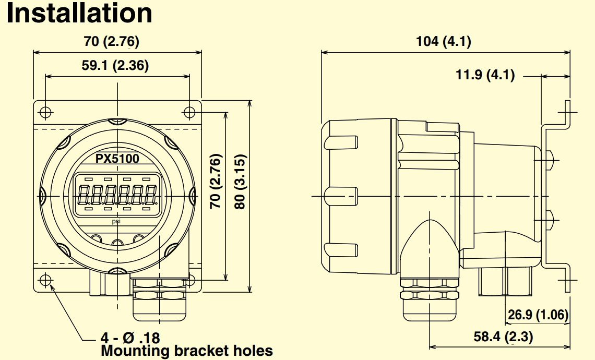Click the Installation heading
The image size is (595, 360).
(79, 14)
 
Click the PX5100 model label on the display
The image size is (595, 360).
(117, 158)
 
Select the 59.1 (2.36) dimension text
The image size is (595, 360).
(116, 66)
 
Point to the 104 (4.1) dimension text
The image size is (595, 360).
(444, 42)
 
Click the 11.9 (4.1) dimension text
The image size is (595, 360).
(485, 75)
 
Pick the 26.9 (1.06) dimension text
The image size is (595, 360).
(538, 315)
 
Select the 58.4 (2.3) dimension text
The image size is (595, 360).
(504, 337)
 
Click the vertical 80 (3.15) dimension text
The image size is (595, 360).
(239, 182)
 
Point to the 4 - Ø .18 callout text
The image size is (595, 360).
(130, 337)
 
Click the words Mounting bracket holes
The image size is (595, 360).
(186, 350)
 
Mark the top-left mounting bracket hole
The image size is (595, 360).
(46, 112)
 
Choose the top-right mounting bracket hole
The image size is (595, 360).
(189, 112)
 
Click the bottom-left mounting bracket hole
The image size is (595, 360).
(46, 280)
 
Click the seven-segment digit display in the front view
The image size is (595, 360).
(117, 195)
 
